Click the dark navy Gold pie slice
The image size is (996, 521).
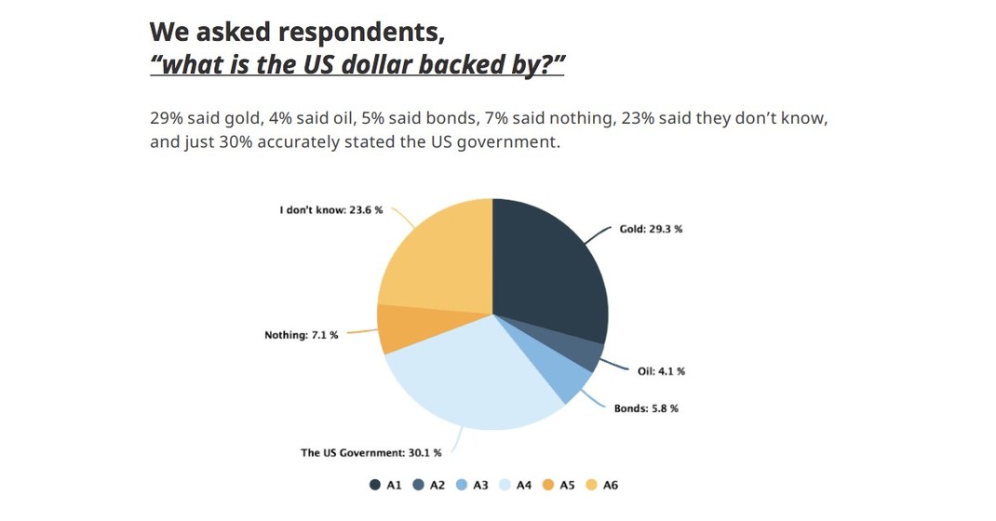[549, 270]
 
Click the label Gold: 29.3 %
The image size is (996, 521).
[651, 229]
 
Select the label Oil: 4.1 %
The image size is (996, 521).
[661, 371]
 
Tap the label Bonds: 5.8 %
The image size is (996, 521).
[646, 408]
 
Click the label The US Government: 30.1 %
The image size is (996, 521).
[370, 453]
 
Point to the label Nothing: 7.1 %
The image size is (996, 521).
[302, 335]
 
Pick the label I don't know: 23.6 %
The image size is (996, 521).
[330, 210]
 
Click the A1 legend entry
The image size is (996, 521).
[386, 485]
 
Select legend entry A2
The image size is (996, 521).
[429, 485]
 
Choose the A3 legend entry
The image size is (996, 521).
[472, 485]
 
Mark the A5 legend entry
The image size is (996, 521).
[559, 485]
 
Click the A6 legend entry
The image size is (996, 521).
[602, 485]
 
